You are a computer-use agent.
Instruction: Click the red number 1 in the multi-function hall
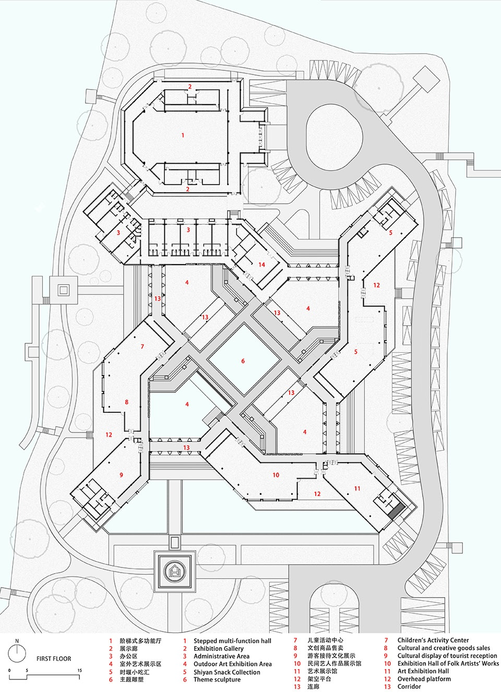coord(183,135)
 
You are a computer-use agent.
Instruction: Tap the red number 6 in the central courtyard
coord(243,361)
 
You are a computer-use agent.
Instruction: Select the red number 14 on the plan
coord(261,265)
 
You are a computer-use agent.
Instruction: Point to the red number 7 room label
coord(142,346)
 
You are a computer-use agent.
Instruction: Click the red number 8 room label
coord(126,402)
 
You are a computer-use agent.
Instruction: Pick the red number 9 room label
coord(121,475)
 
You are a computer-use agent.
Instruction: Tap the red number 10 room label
coord(276,475)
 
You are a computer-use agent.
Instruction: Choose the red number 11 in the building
coord(357,489)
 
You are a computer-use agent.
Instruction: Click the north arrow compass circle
coord(17,652)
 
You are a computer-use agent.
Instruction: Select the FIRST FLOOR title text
coord(54,659)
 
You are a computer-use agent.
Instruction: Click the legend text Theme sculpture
coord(217,679)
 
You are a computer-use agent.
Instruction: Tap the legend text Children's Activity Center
coord(433,640)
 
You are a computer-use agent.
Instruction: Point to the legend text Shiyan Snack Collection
coord(226,672)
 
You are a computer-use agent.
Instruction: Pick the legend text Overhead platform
coord(424,679)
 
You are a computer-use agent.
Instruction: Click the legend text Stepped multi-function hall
coord(232,641)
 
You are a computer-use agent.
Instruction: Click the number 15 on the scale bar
coord(79,671)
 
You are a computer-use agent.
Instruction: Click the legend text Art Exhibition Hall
coord(423,671)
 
